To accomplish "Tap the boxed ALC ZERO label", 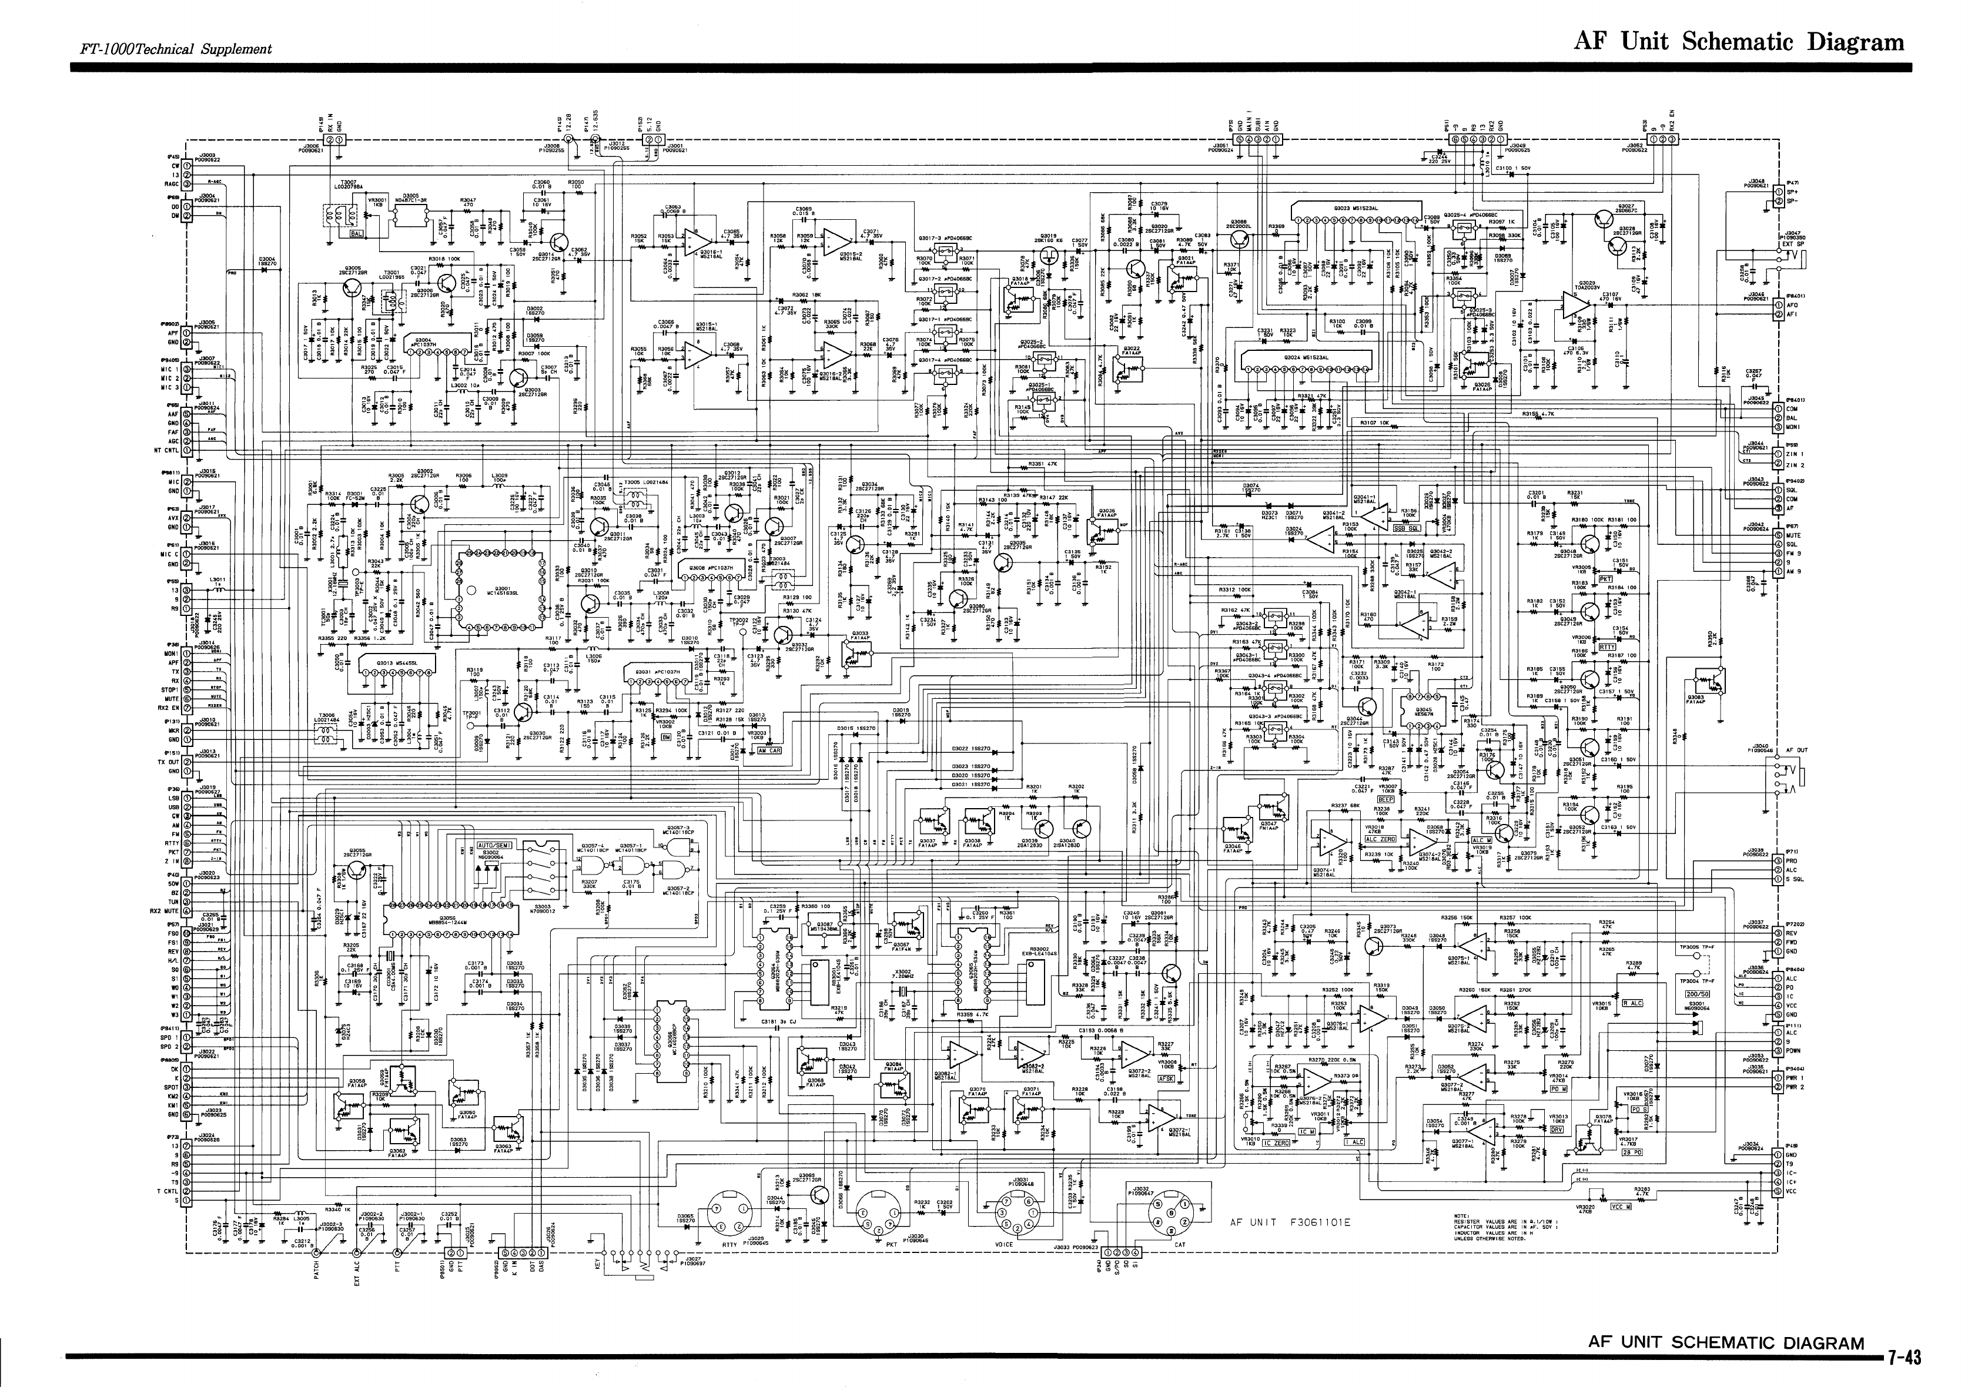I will tap(1380, 839).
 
